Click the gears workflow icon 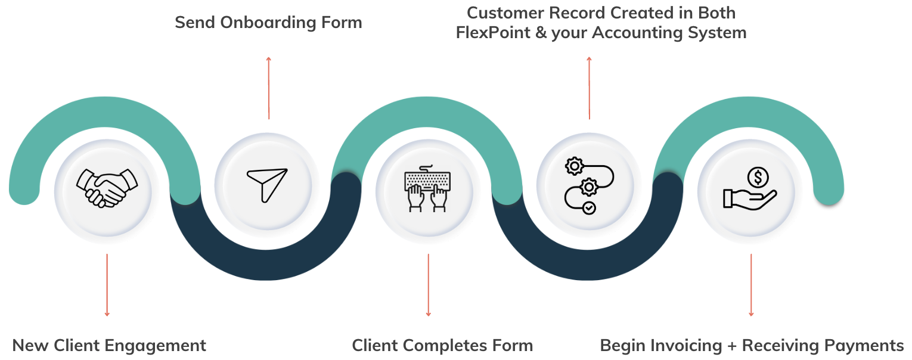pyautogui.click(x=588, y=186)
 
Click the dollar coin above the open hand pyautogui.click(x=758, y=176)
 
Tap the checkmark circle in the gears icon pyautogui.click(x=589, y=208)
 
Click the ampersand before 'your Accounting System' pyautogui.click(x=541, y=33)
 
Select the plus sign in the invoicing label pyautogui.click(x=733, y=346)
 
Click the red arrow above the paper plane pyautogui.click(x=269, y=88)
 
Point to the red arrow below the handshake pyautogui.click(x=107, y=285)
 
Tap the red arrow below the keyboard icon pyautogui.click(x=428, y=285)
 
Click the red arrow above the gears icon pyautogui.click(x=590, y=88)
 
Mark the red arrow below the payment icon pyautogui.click(x=751, y=285)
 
